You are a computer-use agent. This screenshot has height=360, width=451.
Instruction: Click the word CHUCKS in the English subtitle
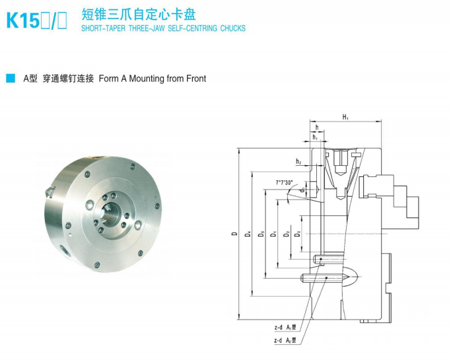tap(230, 28)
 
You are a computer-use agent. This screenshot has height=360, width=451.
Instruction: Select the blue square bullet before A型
tap(10, 79)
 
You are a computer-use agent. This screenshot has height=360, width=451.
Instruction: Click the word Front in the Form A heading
tap(195, 79)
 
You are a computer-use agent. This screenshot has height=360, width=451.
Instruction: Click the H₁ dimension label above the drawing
tap(345, 117)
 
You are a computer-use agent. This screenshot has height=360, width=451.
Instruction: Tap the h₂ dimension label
tap(298, 161)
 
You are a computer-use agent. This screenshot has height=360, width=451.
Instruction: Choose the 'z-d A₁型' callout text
tap(286, 327)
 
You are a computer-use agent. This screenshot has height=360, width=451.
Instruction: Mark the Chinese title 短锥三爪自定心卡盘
tap(138, 15)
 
